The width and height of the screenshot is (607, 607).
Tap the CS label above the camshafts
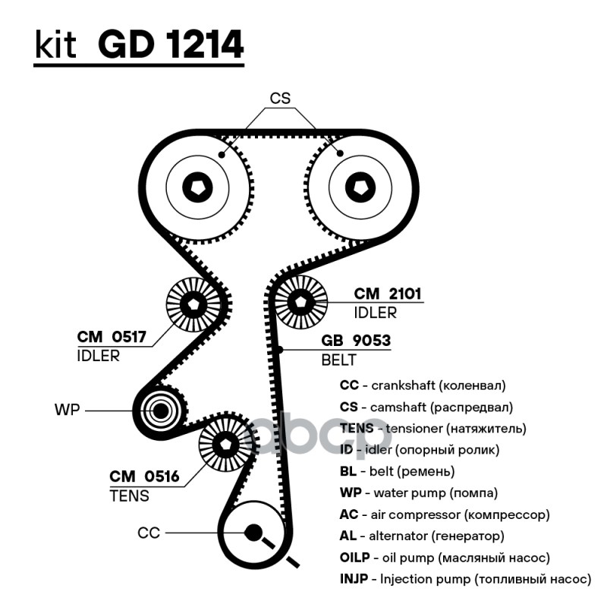point(280,98)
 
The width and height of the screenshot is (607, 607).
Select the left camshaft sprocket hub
point(199,186)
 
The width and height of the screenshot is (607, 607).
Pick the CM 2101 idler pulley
point(300,301)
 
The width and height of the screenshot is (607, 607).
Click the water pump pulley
point(159,411)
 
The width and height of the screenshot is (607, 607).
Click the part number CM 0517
point(112,337)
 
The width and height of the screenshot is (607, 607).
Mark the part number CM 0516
point(144,476)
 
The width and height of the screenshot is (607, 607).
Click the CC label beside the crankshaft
point(149,533)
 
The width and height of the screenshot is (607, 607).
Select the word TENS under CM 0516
point(129,496)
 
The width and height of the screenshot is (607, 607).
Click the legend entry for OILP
point(445,558)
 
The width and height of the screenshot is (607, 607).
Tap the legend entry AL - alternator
point(422,536)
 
